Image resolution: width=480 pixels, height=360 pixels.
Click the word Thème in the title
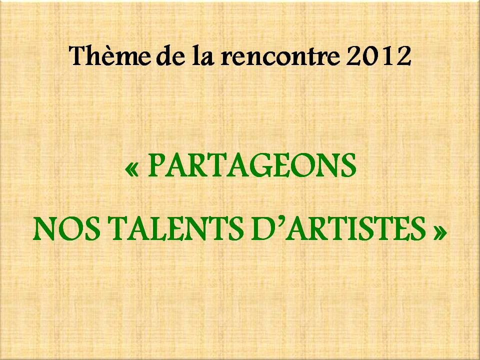point(110,55)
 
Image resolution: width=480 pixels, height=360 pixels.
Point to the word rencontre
point(280,56)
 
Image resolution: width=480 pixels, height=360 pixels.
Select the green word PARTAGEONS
point(252,165)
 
